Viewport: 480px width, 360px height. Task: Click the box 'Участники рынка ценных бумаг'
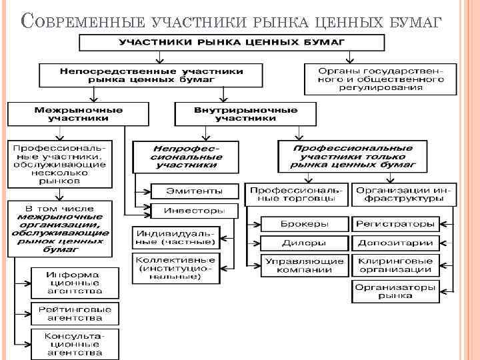pos(231,43)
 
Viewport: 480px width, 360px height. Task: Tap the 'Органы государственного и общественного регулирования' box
pos(381,79)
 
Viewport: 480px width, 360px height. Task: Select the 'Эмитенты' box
pos(194,191)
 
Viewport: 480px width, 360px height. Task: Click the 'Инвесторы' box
pos(194,211)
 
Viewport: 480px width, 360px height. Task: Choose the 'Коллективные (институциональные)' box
pos(177,267)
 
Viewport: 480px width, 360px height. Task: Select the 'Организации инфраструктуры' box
pos(404,195)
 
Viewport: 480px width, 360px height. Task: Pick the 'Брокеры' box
pos(304,224)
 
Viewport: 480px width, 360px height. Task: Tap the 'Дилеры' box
pos(304,243)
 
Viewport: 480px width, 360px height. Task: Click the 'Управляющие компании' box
pos(304,265)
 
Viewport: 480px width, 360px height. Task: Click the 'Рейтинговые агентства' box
pos(75,314)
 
